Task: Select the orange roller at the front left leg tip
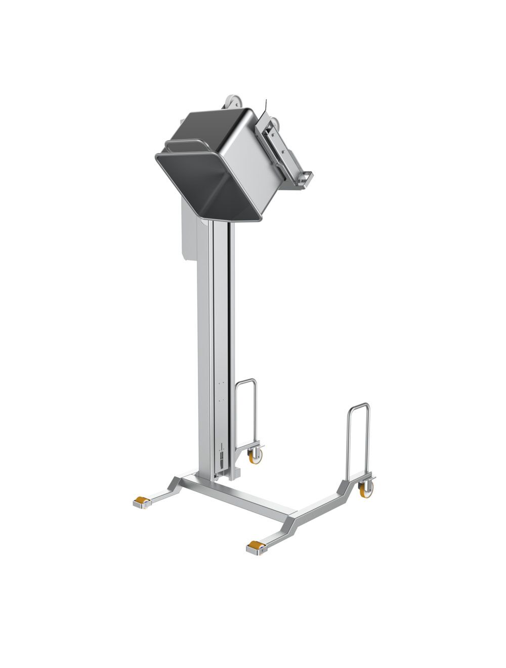[x=140, y=502]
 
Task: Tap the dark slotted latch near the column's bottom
[x=221, y=458]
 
